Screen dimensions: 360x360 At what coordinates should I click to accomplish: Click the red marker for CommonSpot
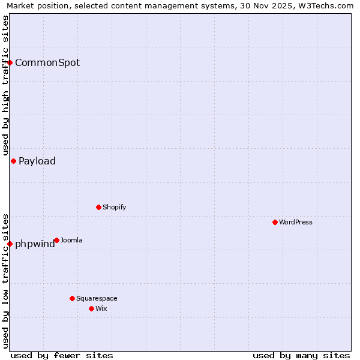[10, 62]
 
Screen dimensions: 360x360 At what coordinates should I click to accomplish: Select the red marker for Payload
[13, 161]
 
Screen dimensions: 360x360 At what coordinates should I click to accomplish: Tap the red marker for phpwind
[10, 244]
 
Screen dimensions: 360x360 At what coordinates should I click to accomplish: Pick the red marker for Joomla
[56, 240]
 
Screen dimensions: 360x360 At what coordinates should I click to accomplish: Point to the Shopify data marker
[98, 207]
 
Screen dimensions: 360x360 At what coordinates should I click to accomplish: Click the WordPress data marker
[275, 222]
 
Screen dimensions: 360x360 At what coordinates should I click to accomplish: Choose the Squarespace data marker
[72, 298]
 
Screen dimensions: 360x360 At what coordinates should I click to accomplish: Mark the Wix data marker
[91, 308]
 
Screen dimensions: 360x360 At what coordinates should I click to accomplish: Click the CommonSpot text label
[47, 62]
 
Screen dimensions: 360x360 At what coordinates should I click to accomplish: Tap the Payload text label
[37, 161]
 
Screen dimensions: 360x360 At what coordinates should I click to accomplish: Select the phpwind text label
[35, 244]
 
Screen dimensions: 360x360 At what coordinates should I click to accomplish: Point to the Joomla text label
[71, 241]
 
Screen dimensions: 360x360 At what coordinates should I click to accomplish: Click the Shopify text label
[114, 207]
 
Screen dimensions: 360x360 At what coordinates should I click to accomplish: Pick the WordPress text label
[296, 222]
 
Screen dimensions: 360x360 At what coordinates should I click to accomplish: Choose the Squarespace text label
[97, 298]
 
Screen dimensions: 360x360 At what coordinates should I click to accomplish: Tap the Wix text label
[101, 308]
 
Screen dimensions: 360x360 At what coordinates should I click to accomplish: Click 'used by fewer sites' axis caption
[62, 355]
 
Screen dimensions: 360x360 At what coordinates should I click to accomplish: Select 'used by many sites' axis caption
[301, 355]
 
